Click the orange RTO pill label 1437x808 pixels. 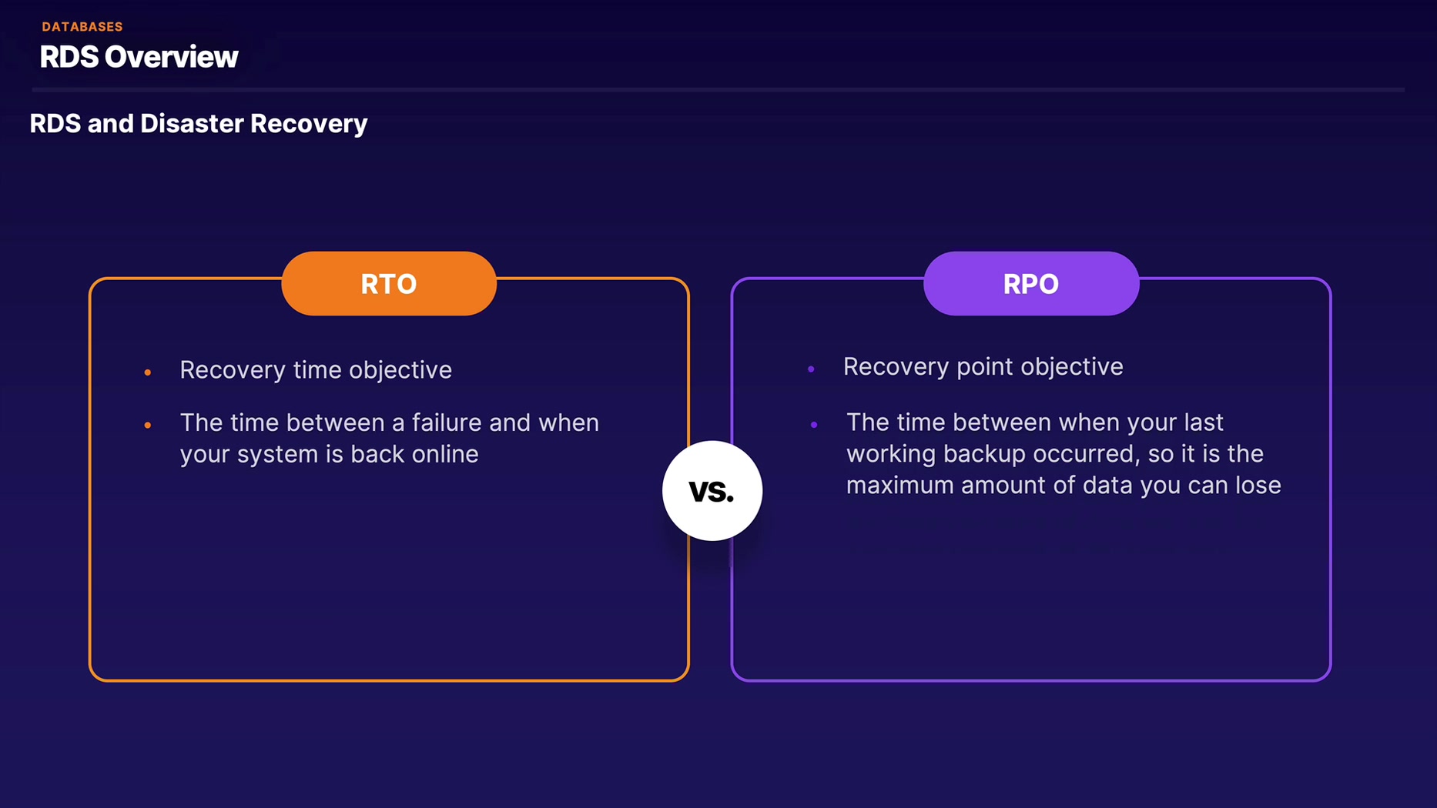click(x=389, y=284)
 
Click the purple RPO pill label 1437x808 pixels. click(x=1030, y=284)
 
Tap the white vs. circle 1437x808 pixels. click(x=712, y=491)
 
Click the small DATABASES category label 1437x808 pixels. click(x=82, y=27)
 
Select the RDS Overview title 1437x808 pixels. click(x=139, y=57)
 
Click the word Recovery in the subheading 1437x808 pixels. click(x=309, y=124)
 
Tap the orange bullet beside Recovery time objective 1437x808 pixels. click(x=148, y=373)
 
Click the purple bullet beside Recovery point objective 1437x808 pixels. click(x=811, y=369)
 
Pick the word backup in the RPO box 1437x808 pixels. click(x=985, y=454)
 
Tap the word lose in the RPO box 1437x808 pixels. click(x=1257, y=486)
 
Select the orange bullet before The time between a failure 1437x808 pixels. click(x=148, y=425)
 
